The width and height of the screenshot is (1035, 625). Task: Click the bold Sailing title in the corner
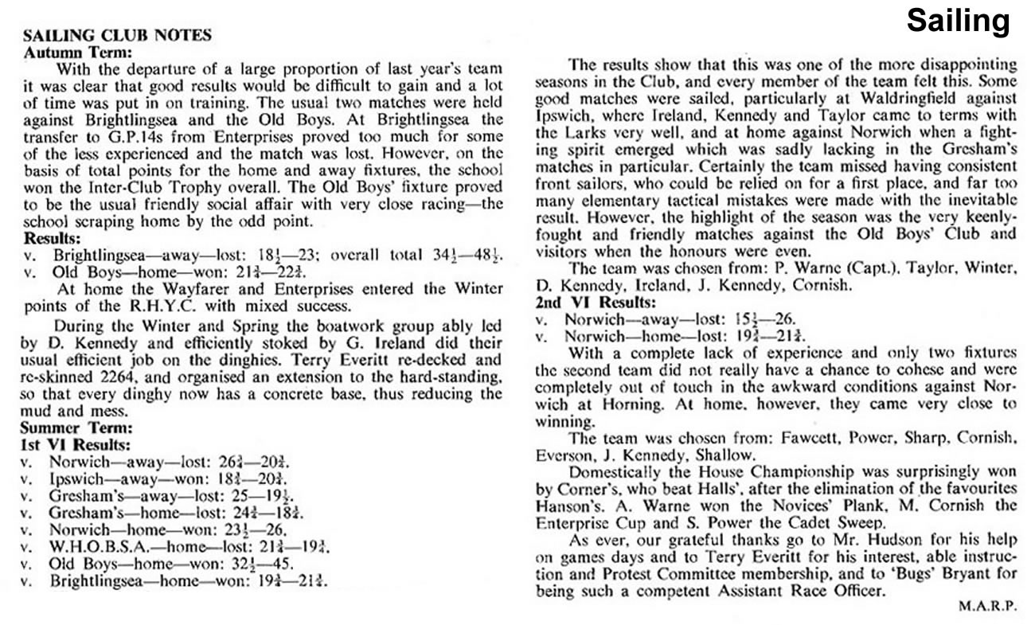[959, 21]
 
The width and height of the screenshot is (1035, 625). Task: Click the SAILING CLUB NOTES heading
[117, 35]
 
